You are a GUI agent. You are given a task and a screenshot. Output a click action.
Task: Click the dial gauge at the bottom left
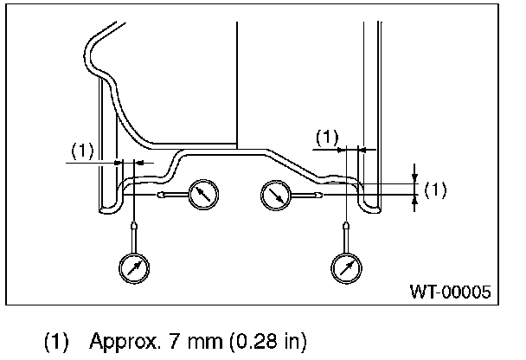(134, 267)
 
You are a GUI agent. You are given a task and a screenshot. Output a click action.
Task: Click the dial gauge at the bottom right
(346, 267)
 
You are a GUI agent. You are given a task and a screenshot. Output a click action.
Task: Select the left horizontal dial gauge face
(202, 194)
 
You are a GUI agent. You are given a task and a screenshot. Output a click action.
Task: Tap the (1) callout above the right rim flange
(326, 136)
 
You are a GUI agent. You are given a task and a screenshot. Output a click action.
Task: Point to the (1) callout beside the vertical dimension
(437, 190)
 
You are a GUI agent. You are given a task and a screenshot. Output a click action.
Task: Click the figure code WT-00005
(451, 292)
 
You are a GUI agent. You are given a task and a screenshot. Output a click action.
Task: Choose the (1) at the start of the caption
(56, 340)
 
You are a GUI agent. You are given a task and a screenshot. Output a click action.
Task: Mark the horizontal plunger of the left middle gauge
(173, 195)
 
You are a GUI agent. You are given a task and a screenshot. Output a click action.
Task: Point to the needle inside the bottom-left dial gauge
(134, 267)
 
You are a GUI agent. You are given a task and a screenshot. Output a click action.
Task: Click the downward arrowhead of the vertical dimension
(415, 179)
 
